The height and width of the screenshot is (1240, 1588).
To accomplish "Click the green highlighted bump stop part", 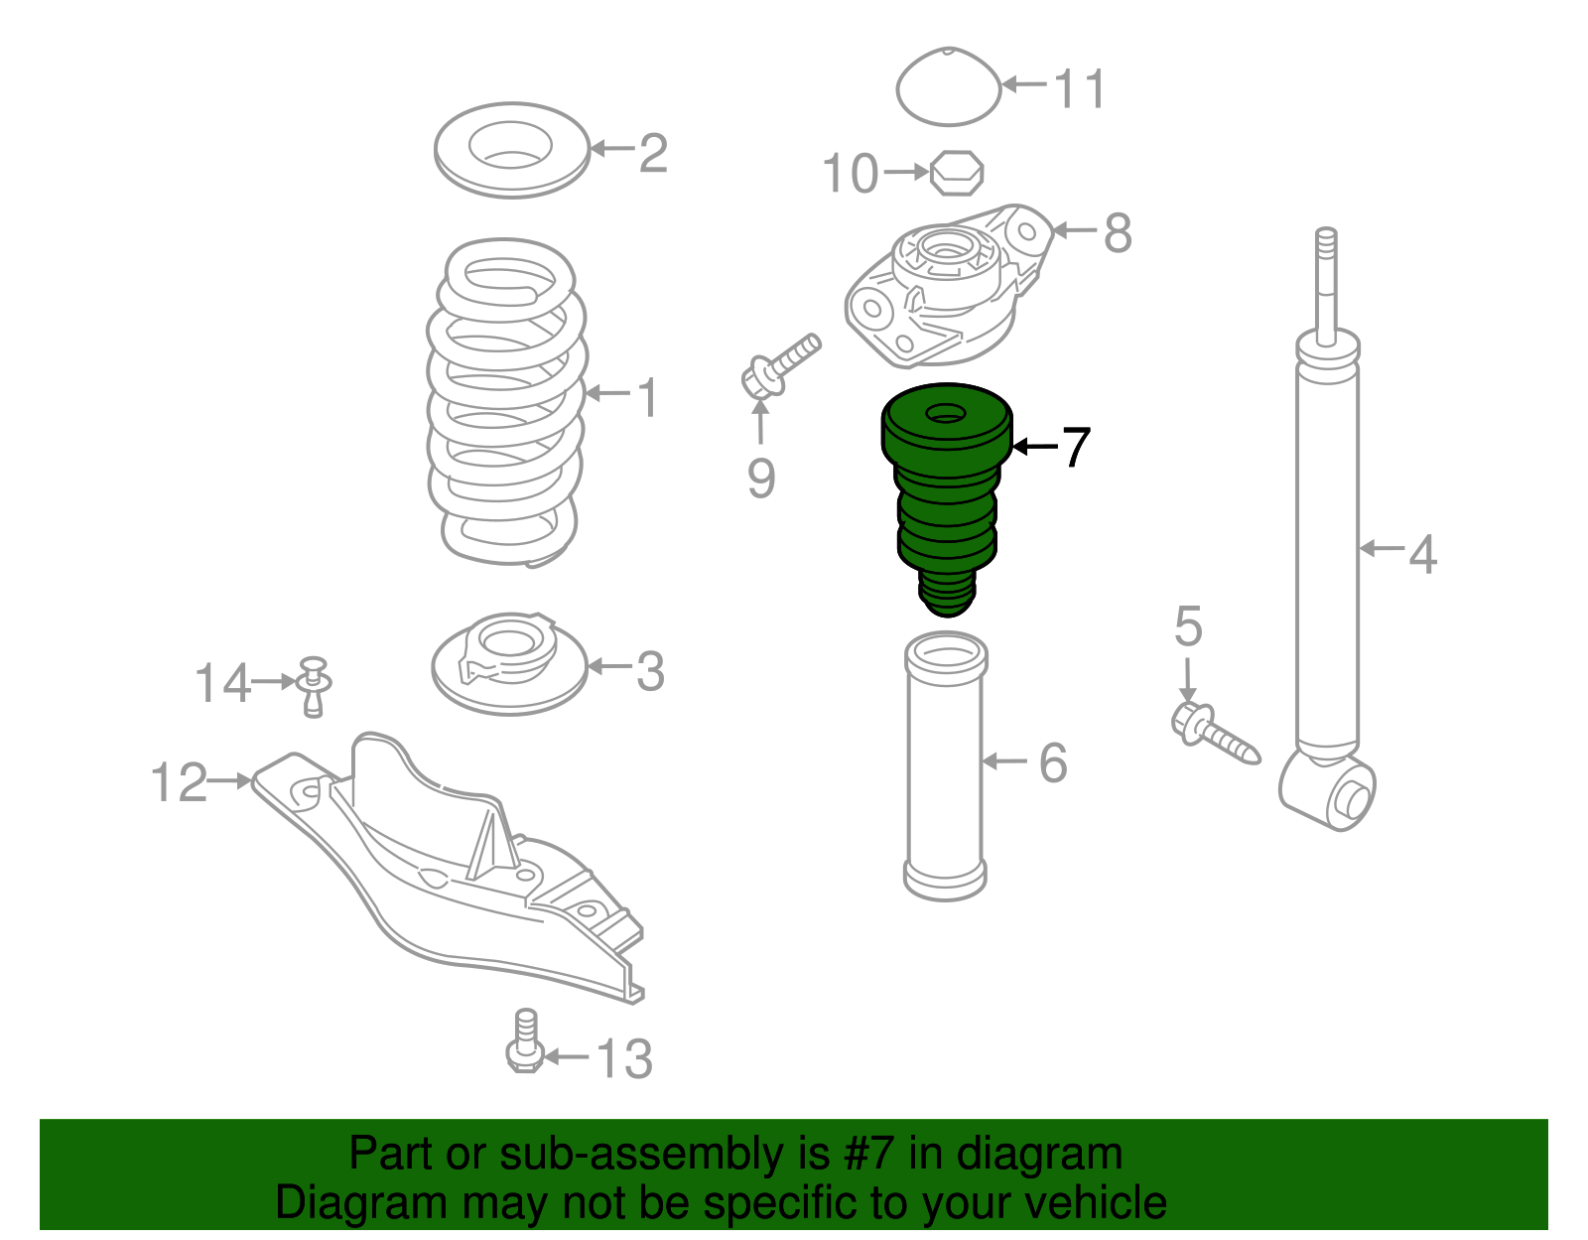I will tap(946, 496).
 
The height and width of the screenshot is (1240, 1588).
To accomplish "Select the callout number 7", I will tap(1076, 448).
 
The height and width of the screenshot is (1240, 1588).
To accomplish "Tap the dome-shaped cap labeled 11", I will tap(949, 87).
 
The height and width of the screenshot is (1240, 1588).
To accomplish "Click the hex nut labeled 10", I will tap(957, 173).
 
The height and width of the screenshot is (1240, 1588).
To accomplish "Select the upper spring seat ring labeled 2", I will tap(512, 150).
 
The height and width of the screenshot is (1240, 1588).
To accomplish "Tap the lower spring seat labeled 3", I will tap(510, 663).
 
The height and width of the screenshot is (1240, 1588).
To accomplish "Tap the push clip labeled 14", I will tap(315, 685).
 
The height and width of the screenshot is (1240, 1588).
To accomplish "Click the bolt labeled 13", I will tap(525, 1042).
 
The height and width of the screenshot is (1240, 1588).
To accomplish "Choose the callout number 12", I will tap(179, 782).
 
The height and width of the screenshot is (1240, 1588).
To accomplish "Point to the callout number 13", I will tap(624, 1058).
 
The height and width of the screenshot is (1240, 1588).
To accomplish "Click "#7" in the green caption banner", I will tap(869, 1154).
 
